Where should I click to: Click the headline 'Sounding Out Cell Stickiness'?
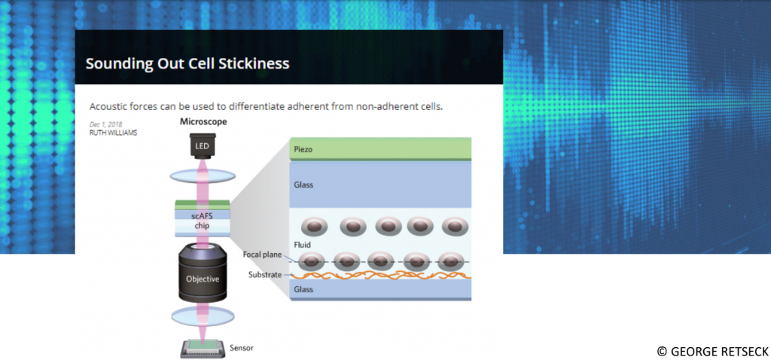pyautogui.click(x=187, y=63)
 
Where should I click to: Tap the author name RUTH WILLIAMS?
pyautogui.click(x=113, y=133)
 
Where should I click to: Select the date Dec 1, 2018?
pyautogui.click(x=105, y=124)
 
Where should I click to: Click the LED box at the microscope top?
pyautogui.click(x=202, y=145)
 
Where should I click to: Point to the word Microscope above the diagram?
pyautogui.click(x=203, y=121)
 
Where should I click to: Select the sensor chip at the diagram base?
pyautogui.click(x=202, y=347)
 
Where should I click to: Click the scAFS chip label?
pyautogui.click(x=203, y=221)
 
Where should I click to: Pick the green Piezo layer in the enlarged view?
pyautogui.click(x=380, y=149)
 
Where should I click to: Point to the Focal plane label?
pyautogui.click(x=262, y=255)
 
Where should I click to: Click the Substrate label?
pyautogui.click(x=264, y=275)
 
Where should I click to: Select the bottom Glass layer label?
pyautogui.click(x=303, y=289)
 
